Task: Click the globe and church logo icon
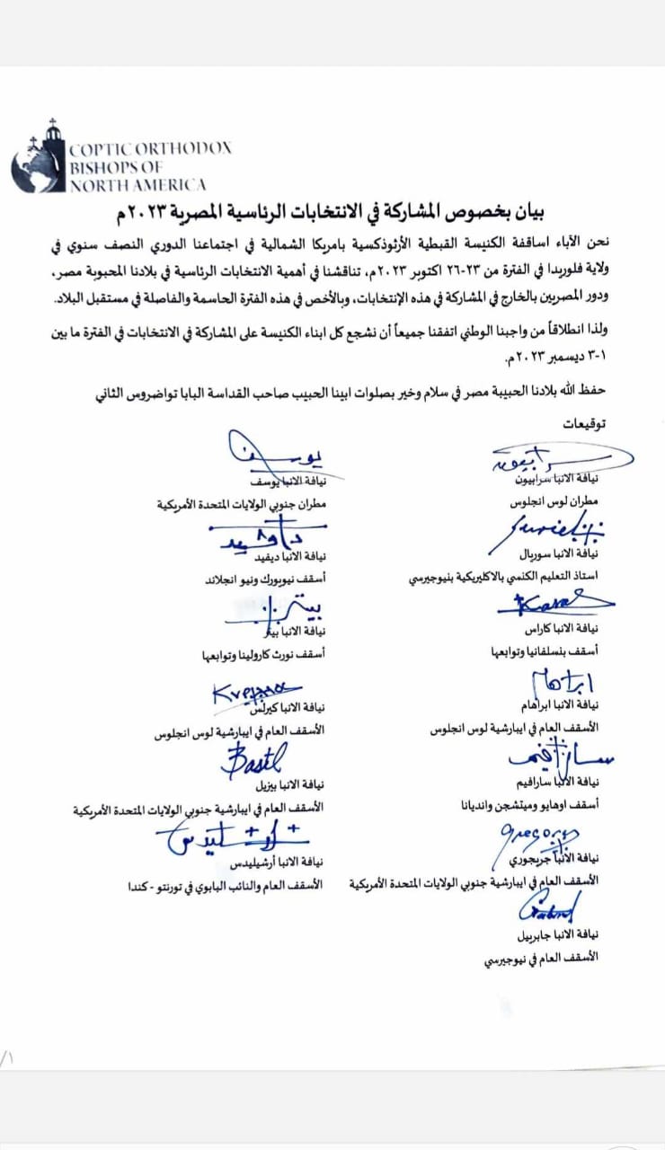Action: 39,157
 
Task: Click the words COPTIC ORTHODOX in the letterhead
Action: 150,149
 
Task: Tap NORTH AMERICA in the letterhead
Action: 137,185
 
